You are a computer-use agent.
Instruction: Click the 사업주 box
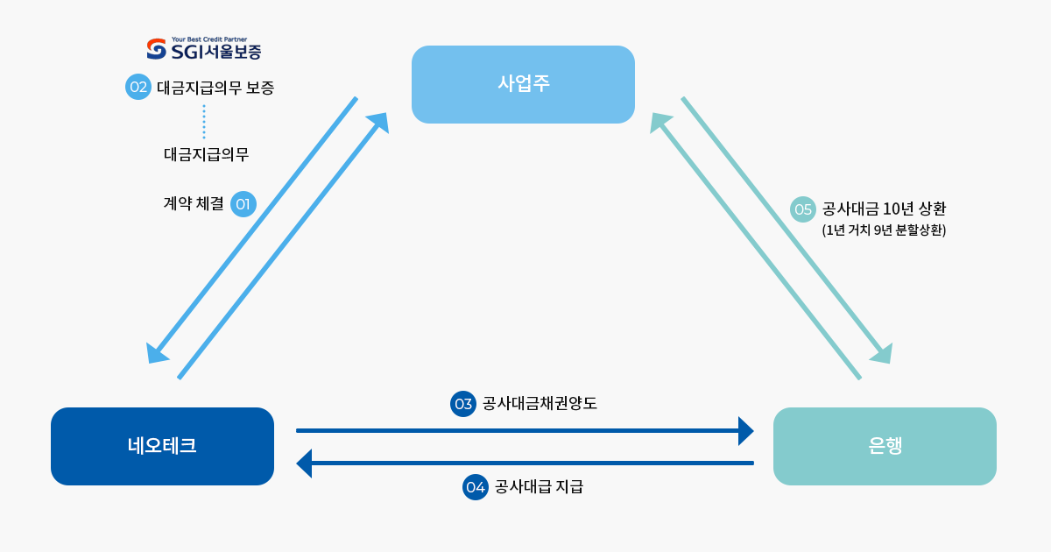click(x=523, y=84)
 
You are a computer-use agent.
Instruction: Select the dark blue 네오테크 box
click(x=162, y=446)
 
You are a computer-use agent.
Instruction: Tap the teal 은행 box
click(x=885, y=446)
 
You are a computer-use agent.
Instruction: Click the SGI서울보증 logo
click(x=204, y=50)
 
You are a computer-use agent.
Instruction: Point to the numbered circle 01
click(x=243, y=204)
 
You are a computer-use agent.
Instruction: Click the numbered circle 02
click(x=138, y=87)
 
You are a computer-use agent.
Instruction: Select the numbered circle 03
click(x=463, y=403)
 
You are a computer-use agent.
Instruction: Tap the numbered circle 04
click(x=475, y=486)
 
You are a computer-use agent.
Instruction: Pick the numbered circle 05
click(x=803, y=209)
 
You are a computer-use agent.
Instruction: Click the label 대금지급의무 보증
click(x=215, y=88)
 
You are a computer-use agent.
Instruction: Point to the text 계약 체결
click(x=194, y=204)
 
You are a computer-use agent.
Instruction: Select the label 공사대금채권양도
click(x=540, y=403)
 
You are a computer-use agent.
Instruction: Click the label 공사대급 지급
click(x=539, y=486)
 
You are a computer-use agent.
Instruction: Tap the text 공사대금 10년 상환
click(x=885, y=209)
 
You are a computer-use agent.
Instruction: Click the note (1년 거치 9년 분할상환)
click(x=884, y=231)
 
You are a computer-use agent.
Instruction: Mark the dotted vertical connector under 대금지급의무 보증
click(x=204, y=122)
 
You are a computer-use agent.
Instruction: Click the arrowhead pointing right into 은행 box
click(x=745, y=431)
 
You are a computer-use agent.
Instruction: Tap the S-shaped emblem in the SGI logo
click(x=156, y=50)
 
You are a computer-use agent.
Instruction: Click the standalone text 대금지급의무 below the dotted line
click(x=207, y=154)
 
